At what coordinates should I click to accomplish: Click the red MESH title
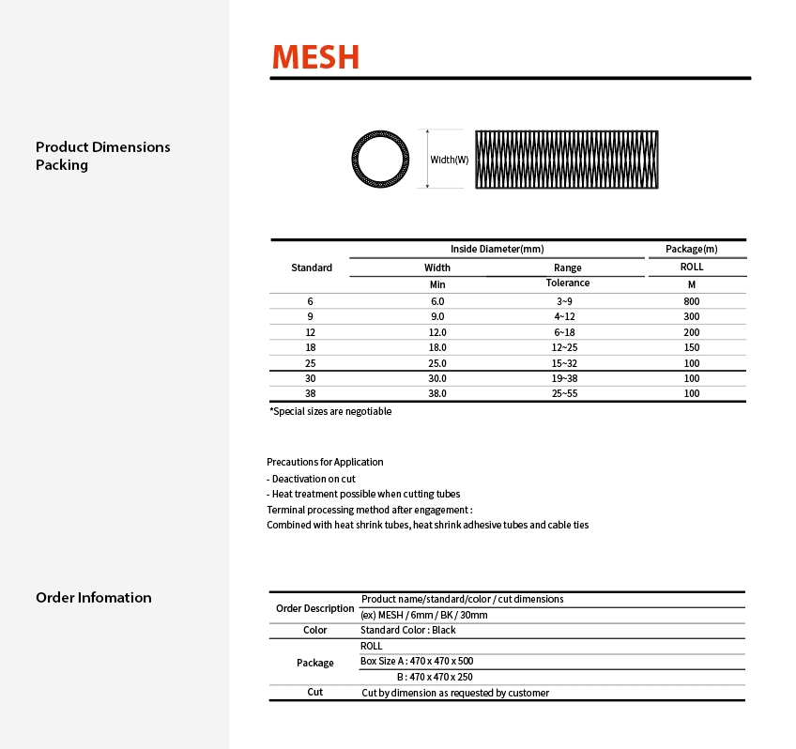[x=315, y=56]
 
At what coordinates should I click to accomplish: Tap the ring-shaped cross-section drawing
[x=381, y=159]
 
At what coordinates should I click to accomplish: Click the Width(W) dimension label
[x=449, y=160]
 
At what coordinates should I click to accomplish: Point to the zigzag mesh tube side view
[x=564, y=160]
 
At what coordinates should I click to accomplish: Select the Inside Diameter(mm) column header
[x=497, y=249]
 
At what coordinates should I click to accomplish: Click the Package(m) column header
[x=691, y=249]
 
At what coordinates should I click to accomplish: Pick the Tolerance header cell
[x=567, y=283]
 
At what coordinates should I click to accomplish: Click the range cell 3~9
[x=567, y=301]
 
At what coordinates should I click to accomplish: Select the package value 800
[x=692, y=301]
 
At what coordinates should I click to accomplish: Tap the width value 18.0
[x=437, y=347]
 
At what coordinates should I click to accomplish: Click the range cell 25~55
[x=567, y=394]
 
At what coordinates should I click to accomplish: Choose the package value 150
[x=692, y=347]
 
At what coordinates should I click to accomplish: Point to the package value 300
[x=692, y=316]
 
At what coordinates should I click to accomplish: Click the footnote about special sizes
[x=330, y=411]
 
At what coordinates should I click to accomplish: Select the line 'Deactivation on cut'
[x=311, y=479]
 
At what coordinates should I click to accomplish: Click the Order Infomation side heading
[x=93, y=598]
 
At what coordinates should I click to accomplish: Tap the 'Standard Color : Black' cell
[x=408, y=630]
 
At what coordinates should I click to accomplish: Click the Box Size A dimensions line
[x=417, y=661]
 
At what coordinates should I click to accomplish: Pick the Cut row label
[x=315, y=692]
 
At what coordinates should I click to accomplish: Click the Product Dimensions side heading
[x=103, y=147]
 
